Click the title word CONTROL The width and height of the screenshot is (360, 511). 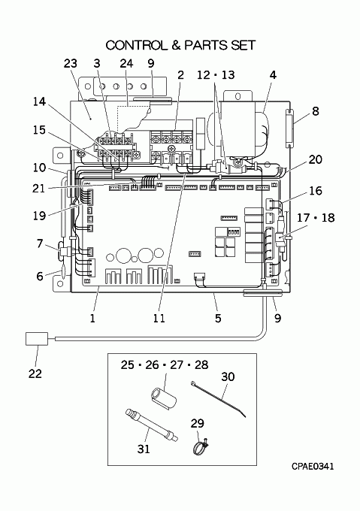(135, 45)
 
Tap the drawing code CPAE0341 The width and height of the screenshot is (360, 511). (313, 467)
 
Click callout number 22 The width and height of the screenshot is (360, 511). (35, 373)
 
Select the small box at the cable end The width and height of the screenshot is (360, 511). (37, 339)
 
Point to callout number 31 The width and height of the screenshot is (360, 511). (144, 449)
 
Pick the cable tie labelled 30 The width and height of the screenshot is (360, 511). (218, 398)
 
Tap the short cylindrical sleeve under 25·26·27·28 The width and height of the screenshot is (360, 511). (163, 398)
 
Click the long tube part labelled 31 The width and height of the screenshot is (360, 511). (152, 425)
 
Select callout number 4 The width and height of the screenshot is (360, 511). (273, 75)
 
